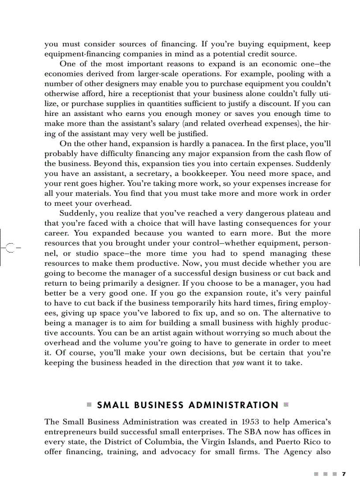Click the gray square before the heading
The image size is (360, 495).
click(x=89, y=405)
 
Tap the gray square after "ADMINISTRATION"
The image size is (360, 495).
click(x=285, y=405)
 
